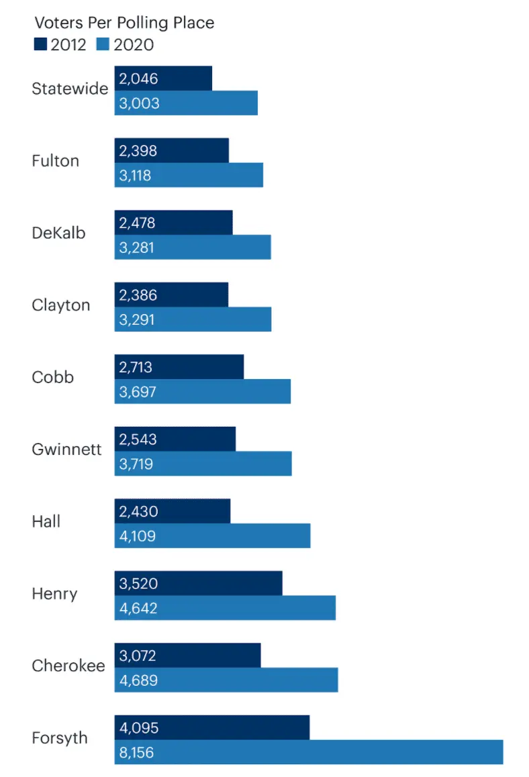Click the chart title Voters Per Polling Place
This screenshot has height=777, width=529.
click(x=124, y=23)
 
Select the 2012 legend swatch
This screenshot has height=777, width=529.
click(x=40, y=45)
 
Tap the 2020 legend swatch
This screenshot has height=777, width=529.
click(x=103, y=45)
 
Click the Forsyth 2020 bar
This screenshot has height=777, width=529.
click(x=309, y=752)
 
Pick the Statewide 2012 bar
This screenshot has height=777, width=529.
click(x=163, y=79)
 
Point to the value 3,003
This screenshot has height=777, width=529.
click(x=139, y=103)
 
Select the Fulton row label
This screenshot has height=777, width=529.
click(x=56, y=161)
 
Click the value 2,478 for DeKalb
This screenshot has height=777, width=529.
click(x=138, y=223)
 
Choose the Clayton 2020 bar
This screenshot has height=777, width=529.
click(x=193, y=319)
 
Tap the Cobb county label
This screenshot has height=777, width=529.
click(x=53, y=377)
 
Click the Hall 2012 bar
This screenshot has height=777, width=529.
click(x=173, y=511)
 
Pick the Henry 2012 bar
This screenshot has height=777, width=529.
click(x=198, y=583)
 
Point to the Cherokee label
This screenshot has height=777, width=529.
click(x=68, y=666)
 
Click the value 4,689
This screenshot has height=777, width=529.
click(x=139, y=680)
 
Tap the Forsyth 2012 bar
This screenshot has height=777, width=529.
click(x=212, y=727)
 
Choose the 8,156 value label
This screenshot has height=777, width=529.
click(x=137, y=753)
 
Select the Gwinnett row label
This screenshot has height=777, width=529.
click(x=67, y=449)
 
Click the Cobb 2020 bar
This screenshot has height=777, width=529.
click(x=203, y=392)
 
